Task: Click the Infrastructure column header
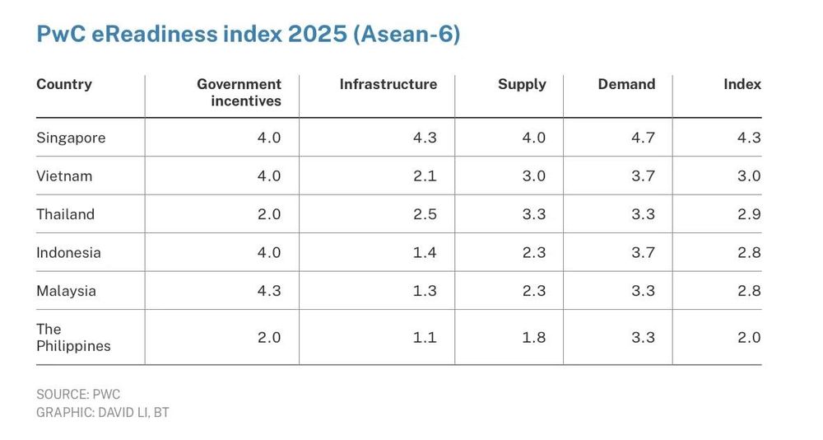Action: click(x=388, y=84)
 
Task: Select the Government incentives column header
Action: click(x=239, y=92)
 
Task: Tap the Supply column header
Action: click(x=523, y=85)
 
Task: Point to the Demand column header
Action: click(x=626, y=84)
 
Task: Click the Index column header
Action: click(x=742, y=84)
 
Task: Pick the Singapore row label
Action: click(x=71, y=138)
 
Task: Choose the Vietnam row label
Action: click(x=64, y=176)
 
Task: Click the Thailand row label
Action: click(x=65, y=214)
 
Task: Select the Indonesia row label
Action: click(x=68, y=252)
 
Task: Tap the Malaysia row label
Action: click(x=66, y=291)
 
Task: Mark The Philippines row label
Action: click(x=73, y=338)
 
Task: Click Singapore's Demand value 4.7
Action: click(x=643, y=138)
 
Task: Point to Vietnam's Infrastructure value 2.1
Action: click(x=425, y=176)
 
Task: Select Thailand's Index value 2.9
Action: click(x=749, y=214)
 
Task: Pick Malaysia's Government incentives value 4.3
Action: click(x=269, y=291)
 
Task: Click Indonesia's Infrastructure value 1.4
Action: click(x=425, y=252)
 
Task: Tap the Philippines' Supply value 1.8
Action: click(x=534, y=337)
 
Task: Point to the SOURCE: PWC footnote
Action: click(x=78, y=394)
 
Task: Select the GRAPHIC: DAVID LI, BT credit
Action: click(x=103, y=413)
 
